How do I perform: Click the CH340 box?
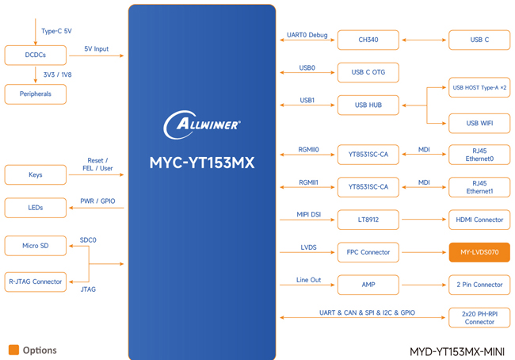pos(368,40)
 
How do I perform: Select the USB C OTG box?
pos(368,72)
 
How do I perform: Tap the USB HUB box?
pos(368,105)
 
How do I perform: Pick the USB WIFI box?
pos(479,123)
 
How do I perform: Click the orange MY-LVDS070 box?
pos(479,252)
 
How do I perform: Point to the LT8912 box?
pos(368,219)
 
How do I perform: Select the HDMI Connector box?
pos(479,219)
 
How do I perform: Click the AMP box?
pos(368,284)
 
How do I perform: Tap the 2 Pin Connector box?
pos(479,284)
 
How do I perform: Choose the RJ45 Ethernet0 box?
pos(479,155)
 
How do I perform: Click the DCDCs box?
pos(35,55)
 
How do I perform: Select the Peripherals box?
pos(35,94)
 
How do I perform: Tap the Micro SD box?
pos(35,246)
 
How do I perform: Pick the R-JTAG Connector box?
pos(35,281)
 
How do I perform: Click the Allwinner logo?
pos(202,124)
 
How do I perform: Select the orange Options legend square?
pos(13,350)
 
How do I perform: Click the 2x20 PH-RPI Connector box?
pos(479,317)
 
